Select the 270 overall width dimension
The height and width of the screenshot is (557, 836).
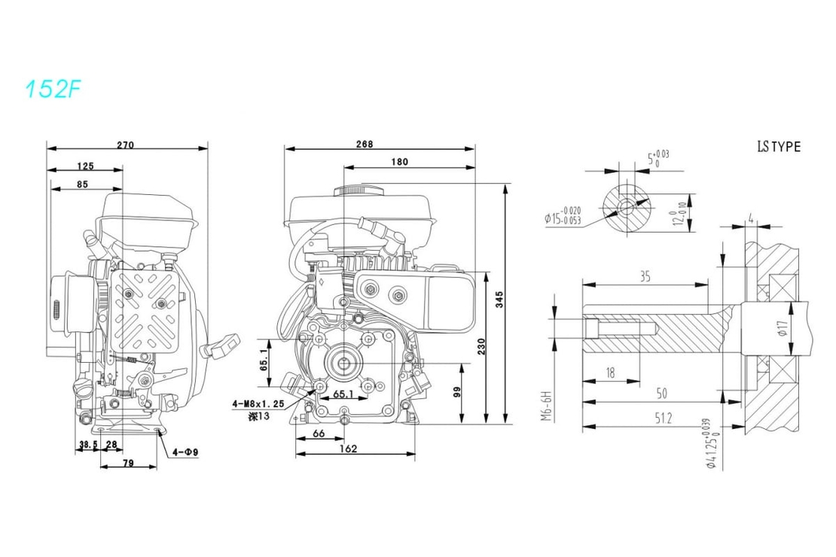[126, 145]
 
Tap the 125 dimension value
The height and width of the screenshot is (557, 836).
[85, 166]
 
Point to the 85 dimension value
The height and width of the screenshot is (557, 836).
[82, 184]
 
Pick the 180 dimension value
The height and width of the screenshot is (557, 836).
[400, 162]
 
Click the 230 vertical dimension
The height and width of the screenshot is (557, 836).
[481, 345]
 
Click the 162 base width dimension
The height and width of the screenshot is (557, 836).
[348, 449]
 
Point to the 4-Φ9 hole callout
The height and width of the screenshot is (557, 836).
[185, 452]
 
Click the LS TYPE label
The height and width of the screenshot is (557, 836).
[778, 147]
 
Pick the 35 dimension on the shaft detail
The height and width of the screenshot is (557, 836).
[644, 277]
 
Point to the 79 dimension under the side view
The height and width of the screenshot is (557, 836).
[128, 464]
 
